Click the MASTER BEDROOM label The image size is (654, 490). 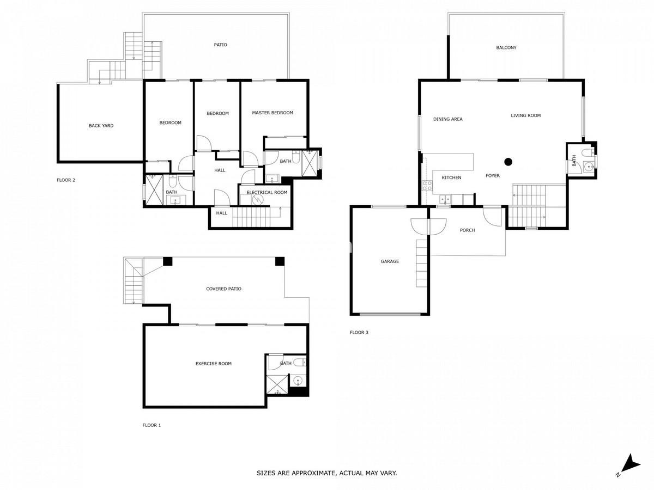272,113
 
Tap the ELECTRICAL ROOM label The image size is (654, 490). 267,193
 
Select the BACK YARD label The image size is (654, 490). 101,126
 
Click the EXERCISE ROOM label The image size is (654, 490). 213,364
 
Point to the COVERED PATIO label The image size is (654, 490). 223,289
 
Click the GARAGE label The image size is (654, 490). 390,261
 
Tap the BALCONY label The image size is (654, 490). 506,47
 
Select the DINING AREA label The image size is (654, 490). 448,119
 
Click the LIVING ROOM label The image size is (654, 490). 525,116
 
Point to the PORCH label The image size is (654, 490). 467,230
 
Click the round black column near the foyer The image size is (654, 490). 508,162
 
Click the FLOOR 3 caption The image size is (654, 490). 359,333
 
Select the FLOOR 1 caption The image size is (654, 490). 152,425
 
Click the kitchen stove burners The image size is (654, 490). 427,186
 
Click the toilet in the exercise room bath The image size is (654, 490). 300,363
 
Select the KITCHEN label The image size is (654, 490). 451,178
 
